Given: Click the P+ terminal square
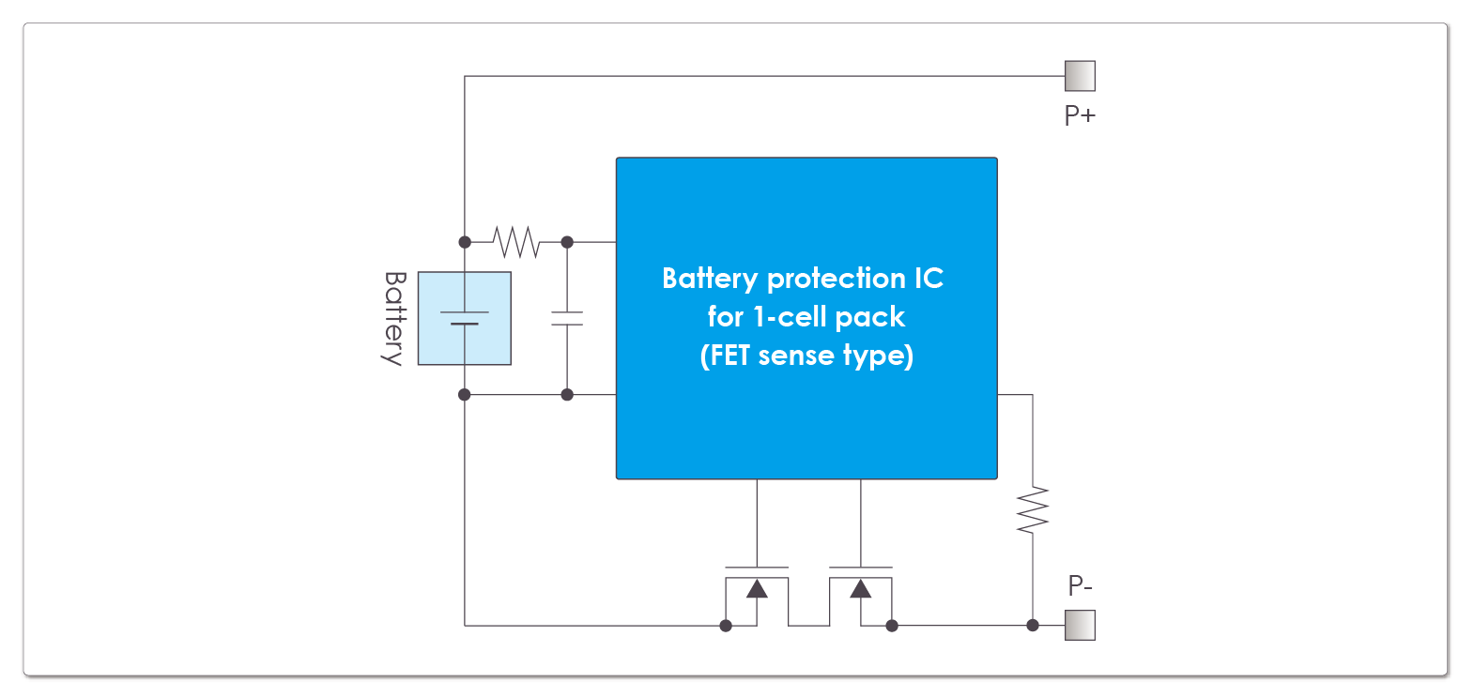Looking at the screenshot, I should (1080, 76).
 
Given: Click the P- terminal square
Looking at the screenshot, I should (1080, 625).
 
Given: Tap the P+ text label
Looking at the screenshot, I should (1080, 115).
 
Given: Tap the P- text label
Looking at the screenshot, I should (1080, 586).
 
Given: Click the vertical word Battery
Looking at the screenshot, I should (394, 318).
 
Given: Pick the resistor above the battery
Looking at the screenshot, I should (516, 242).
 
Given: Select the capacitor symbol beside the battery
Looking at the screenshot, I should (567, 318).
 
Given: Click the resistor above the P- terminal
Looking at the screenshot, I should (1033, 510).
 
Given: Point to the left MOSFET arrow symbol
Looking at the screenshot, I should (757, 589).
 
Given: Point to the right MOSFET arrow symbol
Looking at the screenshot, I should (860, 589).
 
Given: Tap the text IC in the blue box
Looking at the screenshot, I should (929, 279).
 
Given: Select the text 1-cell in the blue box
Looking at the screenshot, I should (790, 317).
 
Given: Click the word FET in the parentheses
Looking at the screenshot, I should (729, 356).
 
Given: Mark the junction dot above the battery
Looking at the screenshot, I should (465, 242).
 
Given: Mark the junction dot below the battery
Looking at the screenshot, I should (465, 395).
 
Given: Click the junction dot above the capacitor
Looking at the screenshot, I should (567, 242).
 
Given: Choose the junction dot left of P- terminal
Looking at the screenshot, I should (1033, 625).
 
